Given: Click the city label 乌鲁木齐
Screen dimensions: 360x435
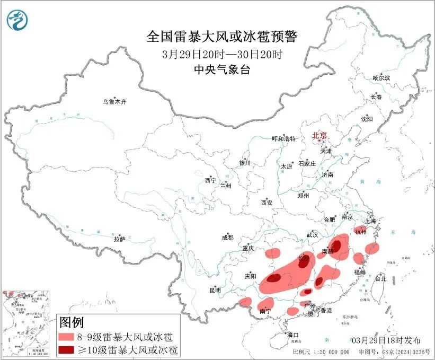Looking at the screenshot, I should (115, 101).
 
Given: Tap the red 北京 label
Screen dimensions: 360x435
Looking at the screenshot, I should (320, 135).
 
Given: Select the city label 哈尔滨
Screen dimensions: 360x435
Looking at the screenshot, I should (380, 78).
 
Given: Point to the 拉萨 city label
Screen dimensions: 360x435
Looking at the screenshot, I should (119, 240).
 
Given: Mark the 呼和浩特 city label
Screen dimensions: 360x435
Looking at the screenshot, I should (283, 138).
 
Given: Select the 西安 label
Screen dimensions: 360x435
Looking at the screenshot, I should (267, 203).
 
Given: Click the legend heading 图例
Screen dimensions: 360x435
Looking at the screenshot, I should (71, 322).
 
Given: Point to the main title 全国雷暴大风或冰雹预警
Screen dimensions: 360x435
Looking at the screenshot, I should (222, 37).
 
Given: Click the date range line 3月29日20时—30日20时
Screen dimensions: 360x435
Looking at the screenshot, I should (222, 54).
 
